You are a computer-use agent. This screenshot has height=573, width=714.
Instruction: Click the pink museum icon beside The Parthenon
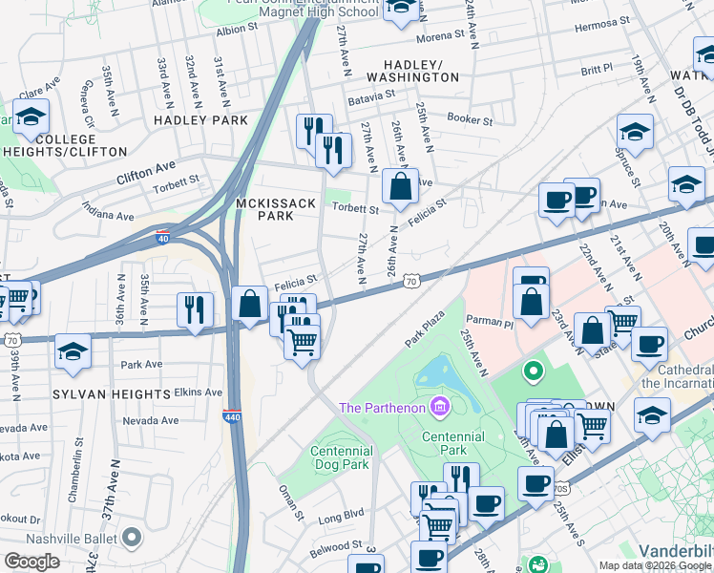coord(438,409)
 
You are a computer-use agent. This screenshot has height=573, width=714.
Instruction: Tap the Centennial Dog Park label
coord(341,457)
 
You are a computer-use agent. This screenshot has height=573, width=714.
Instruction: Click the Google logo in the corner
coord(31,562)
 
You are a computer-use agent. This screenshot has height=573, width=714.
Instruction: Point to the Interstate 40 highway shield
coord(163,235)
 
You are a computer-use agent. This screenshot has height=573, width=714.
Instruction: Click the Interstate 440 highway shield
coord(230,416)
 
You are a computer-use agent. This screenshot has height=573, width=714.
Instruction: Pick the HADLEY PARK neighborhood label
coord(200,120)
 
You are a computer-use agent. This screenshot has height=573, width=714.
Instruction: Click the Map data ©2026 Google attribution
coord(655,565)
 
